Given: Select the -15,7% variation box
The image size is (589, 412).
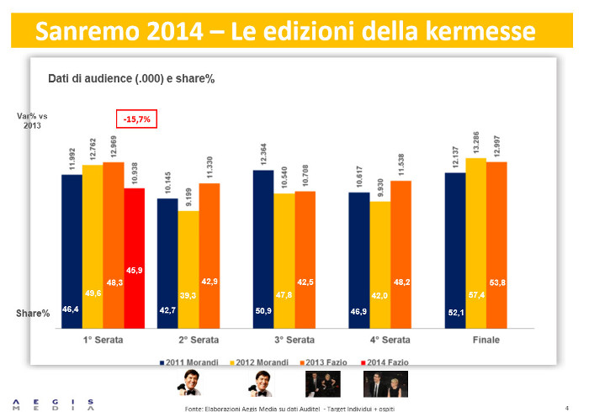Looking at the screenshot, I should [x=136, y=119].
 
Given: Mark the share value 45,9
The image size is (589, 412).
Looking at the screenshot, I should [x=134, y=270].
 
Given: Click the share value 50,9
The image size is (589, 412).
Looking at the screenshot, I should [x=263, y=311].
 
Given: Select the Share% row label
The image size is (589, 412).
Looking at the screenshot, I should [x=33, y=313].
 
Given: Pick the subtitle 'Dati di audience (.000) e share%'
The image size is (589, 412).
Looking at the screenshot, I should [x=131, y=78].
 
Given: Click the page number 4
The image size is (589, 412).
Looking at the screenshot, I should [x=567, y=407].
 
